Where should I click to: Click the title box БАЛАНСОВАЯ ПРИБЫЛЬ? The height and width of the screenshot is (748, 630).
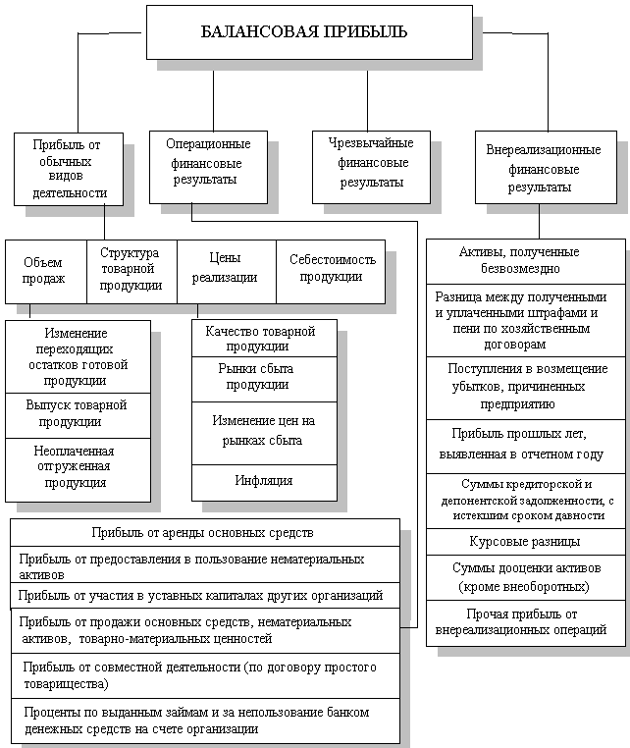(308, 31)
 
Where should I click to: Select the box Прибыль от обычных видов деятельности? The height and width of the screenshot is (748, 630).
(69, 168)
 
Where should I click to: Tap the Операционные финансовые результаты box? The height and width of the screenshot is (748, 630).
(207, 165)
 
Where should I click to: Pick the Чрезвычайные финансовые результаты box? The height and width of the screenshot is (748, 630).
(371, 164)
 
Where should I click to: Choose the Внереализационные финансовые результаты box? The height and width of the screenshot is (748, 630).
(544, 168)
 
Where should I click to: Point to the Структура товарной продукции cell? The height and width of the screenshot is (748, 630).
(131, 270)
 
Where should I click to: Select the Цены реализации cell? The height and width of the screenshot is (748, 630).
(226, 270)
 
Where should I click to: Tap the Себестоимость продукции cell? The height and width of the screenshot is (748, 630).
(331, 269)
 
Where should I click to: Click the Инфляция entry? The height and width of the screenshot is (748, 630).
(263, 481)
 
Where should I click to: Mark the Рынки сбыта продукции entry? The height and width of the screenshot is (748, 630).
(263, 377)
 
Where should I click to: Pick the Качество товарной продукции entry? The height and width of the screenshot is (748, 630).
(263, 339)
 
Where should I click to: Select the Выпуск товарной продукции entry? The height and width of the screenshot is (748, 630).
(77, 413)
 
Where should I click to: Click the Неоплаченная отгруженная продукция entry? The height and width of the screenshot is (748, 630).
(77, 467)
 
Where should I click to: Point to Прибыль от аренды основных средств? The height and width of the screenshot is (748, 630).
(204, 533)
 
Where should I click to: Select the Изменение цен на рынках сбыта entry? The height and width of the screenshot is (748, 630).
(263, 430)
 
